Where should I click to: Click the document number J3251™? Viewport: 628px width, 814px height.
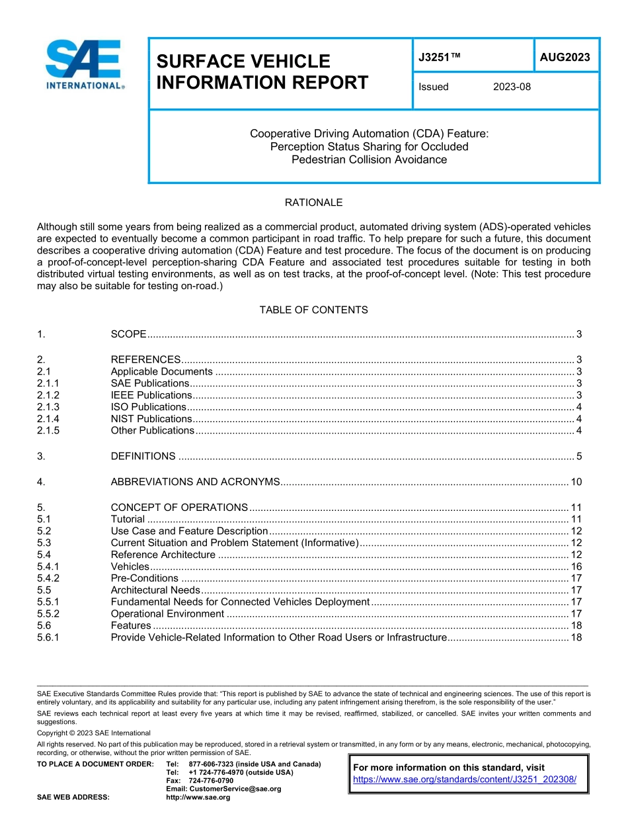(439, 58)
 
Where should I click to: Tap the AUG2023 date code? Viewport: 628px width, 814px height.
(565, 58)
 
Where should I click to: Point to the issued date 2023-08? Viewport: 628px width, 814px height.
(511, 87)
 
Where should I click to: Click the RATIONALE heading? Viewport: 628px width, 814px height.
(313, 203)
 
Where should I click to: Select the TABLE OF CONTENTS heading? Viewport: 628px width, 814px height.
(313, 310)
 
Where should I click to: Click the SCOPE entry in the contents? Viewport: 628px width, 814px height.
(128, 334)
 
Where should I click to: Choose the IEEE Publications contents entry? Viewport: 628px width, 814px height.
(151, 395)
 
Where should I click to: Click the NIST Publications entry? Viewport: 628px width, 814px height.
(151, 419)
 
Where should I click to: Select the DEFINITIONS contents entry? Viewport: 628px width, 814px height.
(143, 456)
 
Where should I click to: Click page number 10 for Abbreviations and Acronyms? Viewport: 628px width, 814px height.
(576, 482)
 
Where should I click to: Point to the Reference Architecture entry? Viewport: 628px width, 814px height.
(163, 555)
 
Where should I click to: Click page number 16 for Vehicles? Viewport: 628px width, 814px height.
(576, 566)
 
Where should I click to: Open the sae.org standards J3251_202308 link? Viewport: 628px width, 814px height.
(465, 780)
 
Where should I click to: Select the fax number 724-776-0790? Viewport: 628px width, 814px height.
(211, 781)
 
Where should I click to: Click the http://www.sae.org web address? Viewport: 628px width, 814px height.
(198, 797)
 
